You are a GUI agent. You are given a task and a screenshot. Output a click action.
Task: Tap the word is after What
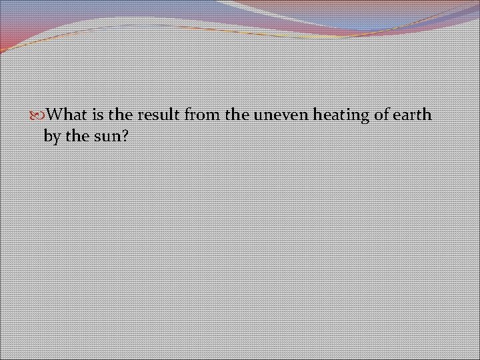pos(97,115)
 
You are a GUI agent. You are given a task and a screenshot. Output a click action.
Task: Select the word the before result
pos(121,115)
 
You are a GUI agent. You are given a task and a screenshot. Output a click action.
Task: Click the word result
pos(159,115)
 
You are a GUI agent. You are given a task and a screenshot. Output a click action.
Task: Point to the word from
pos(203,115)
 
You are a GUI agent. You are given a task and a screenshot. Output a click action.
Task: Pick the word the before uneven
pos(237,115)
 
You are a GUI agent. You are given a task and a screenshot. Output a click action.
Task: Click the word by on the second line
pos(51,137)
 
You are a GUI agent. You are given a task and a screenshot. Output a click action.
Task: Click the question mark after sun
pos(125,136)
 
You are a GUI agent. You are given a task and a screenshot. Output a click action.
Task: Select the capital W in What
pos(57,115)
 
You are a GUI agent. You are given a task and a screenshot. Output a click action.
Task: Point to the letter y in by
pos(55,138)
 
